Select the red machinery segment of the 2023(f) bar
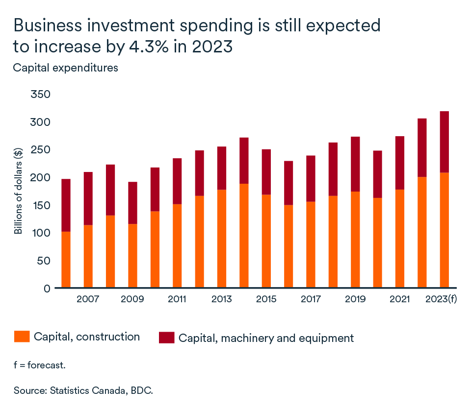coord(444,142)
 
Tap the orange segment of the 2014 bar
coord(244,236)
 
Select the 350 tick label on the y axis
coord(41,94)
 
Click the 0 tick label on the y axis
coord(47,288)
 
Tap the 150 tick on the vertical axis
coord(41,205)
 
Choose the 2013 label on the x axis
coord(222,299)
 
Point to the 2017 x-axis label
coord(311,299)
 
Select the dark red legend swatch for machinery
coord(166,338)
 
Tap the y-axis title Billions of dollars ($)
coord(18,191)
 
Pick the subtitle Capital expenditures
coord(65,68)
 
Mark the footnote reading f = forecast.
coord(39,365)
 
